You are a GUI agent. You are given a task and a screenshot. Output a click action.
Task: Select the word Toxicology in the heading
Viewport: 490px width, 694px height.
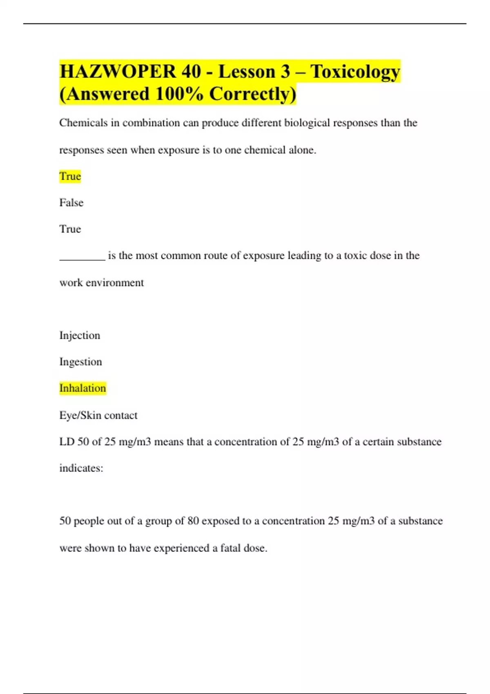355,72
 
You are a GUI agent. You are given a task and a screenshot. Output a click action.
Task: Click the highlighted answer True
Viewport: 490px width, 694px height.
70,176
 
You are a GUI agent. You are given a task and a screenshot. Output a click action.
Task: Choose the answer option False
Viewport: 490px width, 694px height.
71,202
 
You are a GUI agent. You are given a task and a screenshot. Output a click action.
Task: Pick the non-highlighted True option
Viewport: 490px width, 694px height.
70,229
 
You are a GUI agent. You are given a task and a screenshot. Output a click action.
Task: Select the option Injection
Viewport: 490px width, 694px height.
80,336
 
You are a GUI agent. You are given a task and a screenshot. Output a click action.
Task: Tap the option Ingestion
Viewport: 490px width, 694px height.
80,362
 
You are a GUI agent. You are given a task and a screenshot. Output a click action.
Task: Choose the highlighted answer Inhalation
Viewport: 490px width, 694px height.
82,388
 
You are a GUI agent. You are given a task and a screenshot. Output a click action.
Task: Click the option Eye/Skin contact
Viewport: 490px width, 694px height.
98,415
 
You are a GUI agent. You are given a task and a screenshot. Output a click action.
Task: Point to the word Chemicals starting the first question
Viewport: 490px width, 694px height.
83,123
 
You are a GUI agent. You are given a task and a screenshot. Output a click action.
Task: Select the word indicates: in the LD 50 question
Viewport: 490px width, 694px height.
81,468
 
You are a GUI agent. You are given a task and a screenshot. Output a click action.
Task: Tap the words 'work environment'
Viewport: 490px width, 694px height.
101,282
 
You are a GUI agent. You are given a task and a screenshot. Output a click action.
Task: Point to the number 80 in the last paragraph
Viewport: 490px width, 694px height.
193,521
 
